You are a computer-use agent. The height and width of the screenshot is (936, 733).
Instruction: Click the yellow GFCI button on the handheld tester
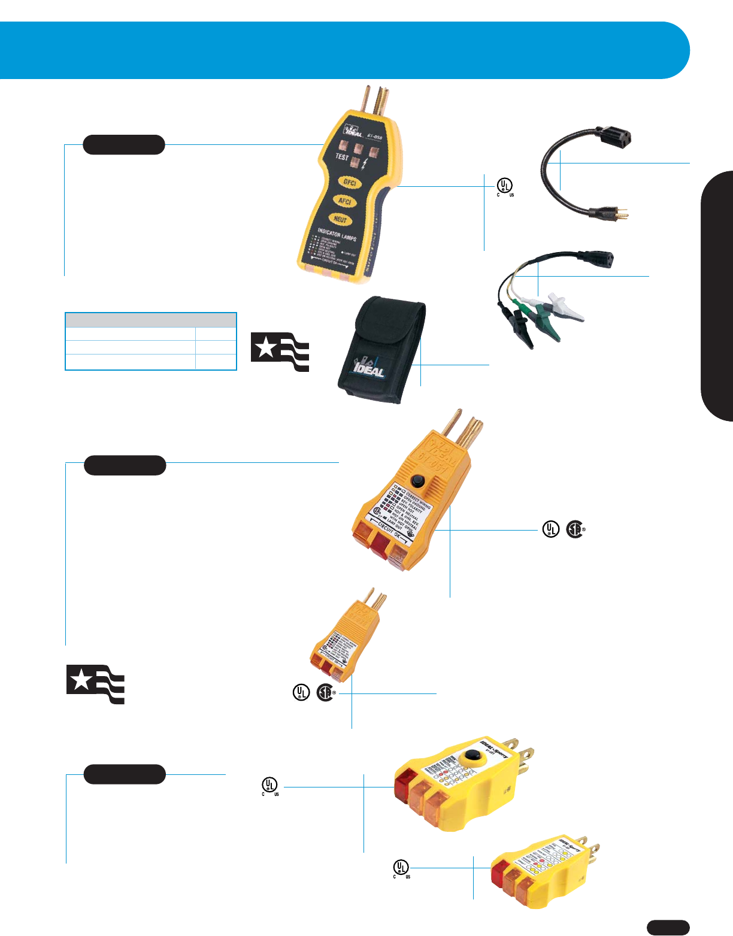pyautogui.click(x=350, y=183)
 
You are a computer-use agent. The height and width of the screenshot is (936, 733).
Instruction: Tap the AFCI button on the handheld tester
pyautogui.click(x=345, y=202)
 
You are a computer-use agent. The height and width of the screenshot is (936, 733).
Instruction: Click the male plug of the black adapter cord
pyautogui.click(x=610, y=211)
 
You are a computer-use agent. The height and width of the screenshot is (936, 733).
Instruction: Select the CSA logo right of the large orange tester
pyautogui.click(x=574, y=529)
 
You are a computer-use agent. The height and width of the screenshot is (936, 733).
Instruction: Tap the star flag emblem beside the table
pyautogui.click(x=280, y=351)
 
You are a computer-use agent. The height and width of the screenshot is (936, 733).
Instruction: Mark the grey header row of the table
pyautogui.click(x=151, y=319)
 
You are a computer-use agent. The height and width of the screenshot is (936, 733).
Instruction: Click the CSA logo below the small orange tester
pyautogui.click(x=325, y=693)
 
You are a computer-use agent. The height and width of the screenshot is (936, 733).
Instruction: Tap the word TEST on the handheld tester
pyautogui.click(x=342, y=157)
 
